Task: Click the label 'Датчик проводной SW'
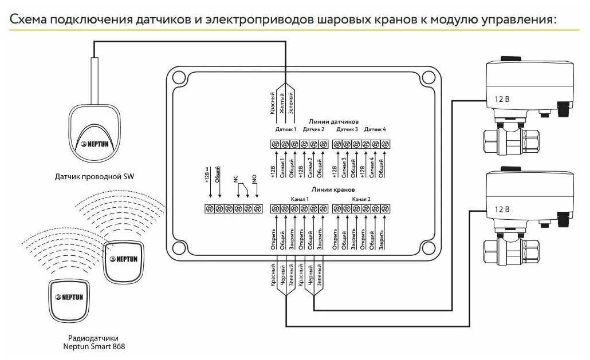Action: (94, 176)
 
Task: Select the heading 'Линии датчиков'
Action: (333, 121)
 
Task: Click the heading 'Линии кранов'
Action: (333, 190)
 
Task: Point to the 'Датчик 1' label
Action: (286, 129)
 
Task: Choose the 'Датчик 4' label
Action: (375, 129)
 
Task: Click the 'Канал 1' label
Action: (300, 199)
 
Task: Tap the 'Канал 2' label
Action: (361, 199)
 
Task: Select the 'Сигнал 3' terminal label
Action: (344, 167)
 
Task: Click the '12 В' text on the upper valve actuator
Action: (502, 99)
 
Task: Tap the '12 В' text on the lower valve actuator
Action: (502, 209)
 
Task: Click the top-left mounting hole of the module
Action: (179, 78)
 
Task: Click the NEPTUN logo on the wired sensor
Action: (95, 144)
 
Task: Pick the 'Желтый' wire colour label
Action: (282, 103)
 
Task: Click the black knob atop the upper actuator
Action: (511, 58)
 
